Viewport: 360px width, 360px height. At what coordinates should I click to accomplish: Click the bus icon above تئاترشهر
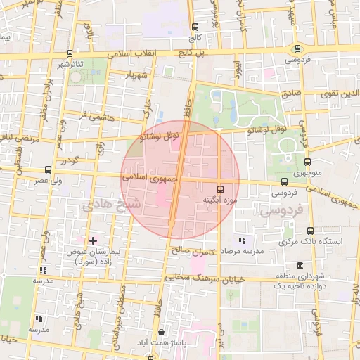[x=69, y=53]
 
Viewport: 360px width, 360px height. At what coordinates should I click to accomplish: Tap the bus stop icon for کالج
[x=195, y=29]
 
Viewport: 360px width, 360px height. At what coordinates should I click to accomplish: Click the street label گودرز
[x=68, y=161]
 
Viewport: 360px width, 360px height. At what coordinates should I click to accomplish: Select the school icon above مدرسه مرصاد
[x=243, y=240]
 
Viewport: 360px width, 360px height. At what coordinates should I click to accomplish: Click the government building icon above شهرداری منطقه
[x=300, y=265]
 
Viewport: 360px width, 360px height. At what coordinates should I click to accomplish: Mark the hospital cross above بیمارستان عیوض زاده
[x=92, y=240]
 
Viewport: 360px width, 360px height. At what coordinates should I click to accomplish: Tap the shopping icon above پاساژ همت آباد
[x=162, y=333]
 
